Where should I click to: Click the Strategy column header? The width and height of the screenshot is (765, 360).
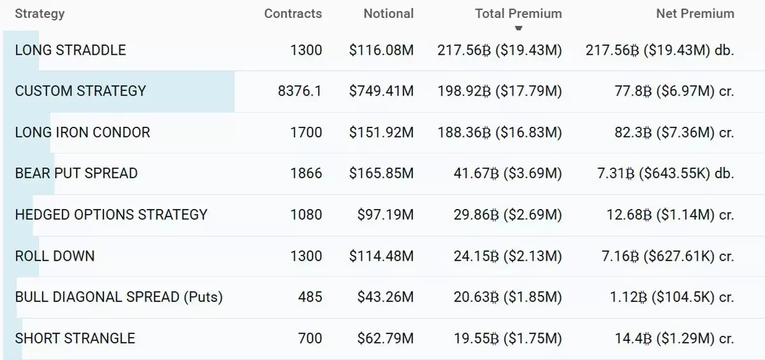pyautogui.click(x=40, y=13)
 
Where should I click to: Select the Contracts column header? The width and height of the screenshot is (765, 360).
pyautogui.click(x=293, y=13)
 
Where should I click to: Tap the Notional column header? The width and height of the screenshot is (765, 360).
pyautogui.click(x=388, y=13)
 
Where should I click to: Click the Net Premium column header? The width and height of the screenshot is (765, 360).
pyautogui.click(x=695, y=13)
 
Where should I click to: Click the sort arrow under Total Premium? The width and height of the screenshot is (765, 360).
pyautogui.click(x=518, y=28)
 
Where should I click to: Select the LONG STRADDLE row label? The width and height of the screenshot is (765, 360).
pyautogui.click(x=70, y=50)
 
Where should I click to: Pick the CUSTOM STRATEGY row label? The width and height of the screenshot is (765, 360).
pyautogui.click(x=80, y=91)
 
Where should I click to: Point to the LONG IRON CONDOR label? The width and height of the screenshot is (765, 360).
pyautogui.click(x=82, y=133)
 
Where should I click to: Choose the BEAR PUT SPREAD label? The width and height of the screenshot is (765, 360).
pyautogui.click(x=76, y=173)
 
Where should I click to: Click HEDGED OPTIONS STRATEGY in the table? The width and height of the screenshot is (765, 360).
pyautogui.click(x=111, y=215)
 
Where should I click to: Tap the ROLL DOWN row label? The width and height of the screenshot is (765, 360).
pyautogui.click(x=55, y=256)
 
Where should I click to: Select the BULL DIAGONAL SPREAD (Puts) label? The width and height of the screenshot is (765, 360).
pyautogui.click(x=119, y=297)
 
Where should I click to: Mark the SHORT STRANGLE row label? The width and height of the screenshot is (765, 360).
pyautogui.click(x=75, y=338)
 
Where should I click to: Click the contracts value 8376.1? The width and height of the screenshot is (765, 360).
pyautogui.click(x=300, y=91)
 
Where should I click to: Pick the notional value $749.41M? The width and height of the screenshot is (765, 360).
pyautogui.click(x=381, y=91)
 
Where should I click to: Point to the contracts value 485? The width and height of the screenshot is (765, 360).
pyautogui.click(x=310, y=297)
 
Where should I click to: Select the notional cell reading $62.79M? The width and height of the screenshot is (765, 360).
pyautogui.click(x=386, y=338)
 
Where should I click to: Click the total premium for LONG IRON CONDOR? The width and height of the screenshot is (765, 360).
pyautogui.click(x=499, y=133)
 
